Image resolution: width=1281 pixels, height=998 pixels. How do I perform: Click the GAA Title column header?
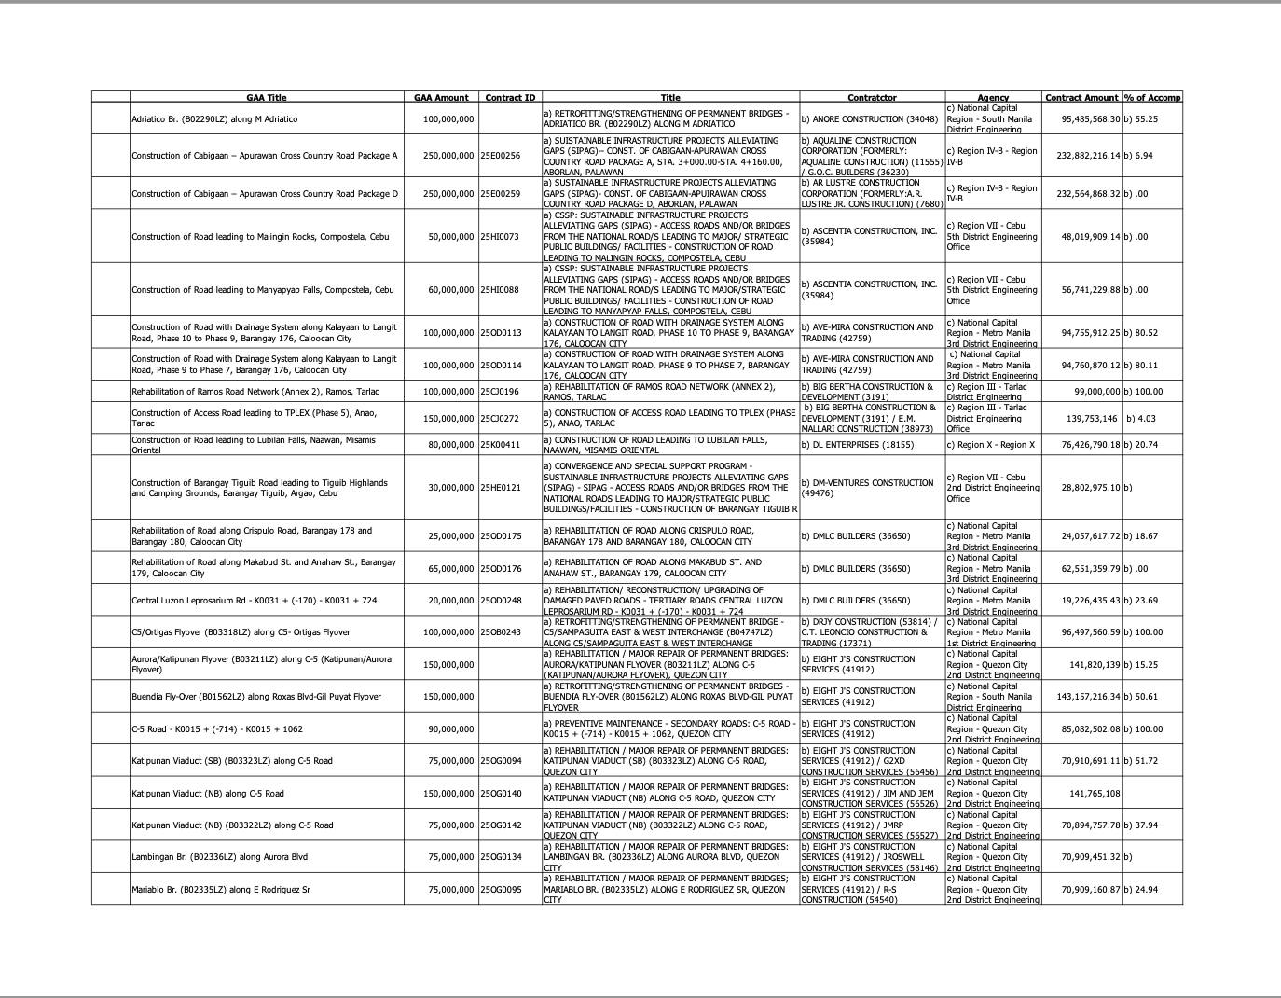pos(267,97)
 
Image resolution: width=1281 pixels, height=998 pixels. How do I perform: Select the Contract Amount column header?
pos(1081,97)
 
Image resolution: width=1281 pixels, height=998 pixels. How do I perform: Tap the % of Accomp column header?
pos(1152,97)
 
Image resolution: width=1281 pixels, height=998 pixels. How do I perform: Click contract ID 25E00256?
pos(501,156)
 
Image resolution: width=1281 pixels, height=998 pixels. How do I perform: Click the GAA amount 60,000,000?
pos(450,290)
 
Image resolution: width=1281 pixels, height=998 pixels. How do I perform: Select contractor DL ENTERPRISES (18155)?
pos(857,445)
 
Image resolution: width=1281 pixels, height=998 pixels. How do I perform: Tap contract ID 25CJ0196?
pos(501,392)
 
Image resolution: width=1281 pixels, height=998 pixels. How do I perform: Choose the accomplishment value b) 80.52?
pos(1141,333)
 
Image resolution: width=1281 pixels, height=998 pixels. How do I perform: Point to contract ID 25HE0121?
pos(501,488)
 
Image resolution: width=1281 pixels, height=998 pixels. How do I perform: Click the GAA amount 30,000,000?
pos(450,488)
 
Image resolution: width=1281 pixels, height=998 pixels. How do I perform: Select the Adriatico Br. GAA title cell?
pos(215,119)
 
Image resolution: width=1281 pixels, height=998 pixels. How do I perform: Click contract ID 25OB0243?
pos(501,632)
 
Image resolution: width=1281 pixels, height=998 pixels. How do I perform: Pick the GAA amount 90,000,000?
pos(450,729)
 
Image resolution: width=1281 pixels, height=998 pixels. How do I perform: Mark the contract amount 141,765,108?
pos(1095,794)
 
